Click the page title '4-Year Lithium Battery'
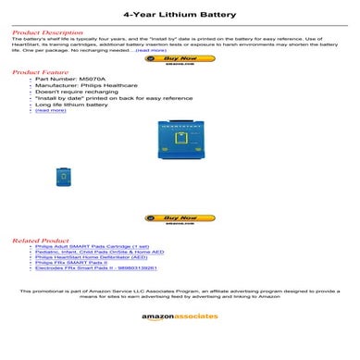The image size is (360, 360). pyautogui.click(x=180, y=15)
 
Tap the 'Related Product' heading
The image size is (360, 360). pyautogui.click(x=37, y=241)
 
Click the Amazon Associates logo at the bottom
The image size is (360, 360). pyautogui.click(x=180, y=317)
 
